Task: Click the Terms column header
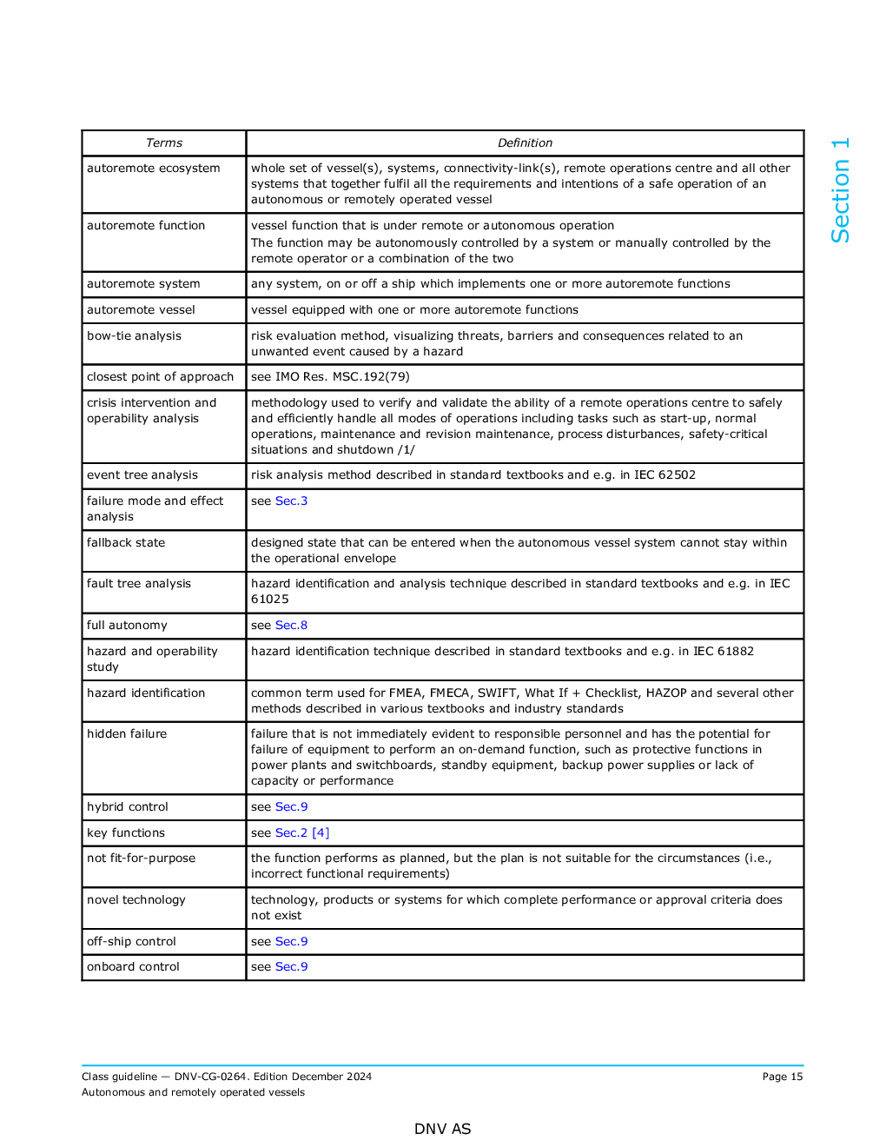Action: click(164, 143)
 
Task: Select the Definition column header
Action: click(525, 143)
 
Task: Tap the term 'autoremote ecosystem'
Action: click(154, 169)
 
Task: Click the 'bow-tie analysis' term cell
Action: click(135, 336)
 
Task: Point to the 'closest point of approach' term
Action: click(161, 377)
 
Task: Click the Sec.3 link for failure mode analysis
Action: click(291, 501)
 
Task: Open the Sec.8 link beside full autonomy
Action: click(291, 626)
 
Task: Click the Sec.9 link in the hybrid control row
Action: click(291, 807)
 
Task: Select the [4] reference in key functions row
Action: click(321, 833)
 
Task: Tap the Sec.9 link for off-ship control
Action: click(291, 942)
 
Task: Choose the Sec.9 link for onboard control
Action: click(291, 967)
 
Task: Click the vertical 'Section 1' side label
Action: click(840, 190)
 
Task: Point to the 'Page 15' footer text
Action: click(783, 1077)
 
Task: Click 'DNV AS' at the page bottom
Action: click(442, 1129)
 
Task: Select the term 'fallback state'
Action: click(126, 543)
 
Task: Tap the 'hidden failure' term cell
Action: click(127, 734)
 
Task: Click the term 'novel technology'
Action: click(136, 900)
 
